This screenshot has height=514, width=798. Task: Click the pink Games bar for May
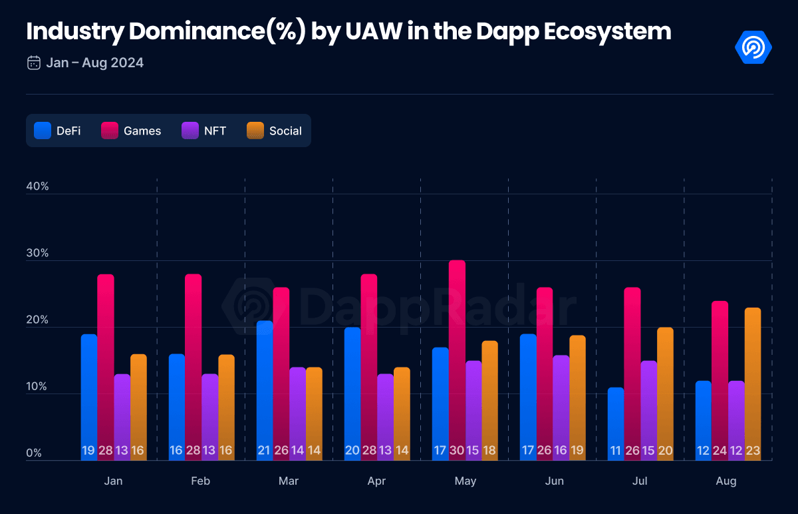(457, 360)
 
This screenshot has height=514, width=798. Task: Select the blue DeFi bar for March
(265, 391)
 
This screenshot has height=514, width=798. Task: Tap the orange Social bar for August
(753, 384)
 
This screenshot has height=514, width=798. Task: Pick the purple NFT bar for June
(561, 407)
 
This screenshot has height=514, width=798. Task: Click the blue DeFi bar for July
(616, 423)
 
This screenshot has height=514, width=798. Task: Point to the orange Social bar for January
(138, 407)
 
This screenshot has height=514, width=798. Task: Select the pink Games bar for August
(720, 381)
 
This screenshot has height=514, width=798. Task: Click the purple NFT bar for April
(386, 417)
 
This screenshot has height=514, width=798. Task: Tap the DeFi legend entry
(57, 130)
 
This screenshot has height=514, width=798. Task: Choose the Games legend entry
(131, 130)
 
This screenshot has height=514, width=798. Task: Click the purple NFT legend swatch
(190, 130)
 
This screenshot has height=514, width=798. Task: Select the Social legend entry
(274, 130)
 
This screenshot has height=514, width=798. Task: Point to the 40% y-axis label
(37, 186)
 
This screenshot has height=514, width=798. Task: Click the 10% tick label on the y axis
(37, 386)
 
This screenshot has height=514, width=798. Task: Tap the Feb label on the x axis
(201, 481)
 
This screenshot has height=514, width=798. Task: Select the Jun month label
(555, 481)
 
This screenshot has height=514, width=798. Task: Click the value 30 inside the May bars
(457, 450)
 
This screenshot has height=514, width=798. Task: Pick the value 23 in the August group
(753, 450)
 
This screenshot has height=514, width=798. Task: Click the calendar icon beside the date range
(34, 63)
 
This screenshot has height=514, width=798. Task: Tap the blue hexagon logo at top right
(753, 47)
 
